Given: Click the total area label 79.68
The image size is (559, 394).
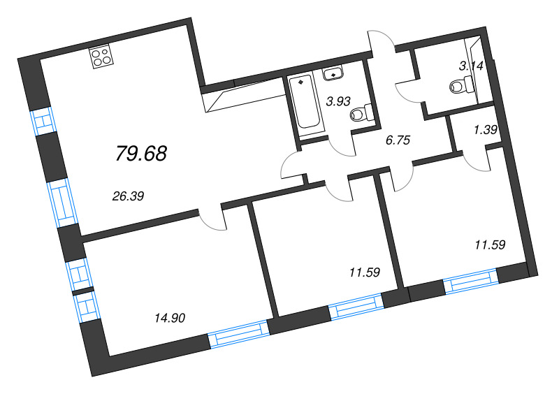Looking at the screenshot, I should [141, 153].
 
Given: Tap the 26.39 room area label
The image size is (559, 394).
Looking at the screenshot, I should [128, 196].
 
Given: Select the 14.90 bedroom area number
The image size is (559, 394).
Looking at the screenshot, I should [169, 319].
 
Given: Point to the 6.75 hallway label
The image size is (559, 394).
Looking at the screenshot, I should [398, 139].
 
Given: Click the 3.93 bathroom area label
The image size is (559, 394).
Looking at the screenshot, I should [338, 101].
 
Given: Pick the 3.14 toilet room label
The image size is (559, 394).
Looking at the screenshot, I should [470, 67].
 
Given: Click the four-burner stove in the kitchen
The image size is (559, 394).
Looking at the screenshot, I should [102, 56].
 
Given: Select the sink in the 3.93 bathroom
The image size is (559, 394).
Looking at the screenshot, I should [334, 73].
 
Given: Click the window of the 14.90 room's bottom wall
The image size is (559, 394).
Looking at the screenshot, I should [239, 334].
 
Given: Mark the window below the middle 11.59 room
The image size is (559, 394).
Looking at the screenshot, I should [356, 306].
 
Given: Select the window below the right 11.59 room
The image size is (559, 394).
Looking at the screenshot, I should [471, 281].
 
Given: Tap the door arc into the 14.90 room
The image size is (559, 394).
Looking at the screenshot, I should [212, 219].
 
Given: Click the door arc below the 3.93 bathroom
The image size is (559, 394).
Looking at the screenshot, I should [341, 145].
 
